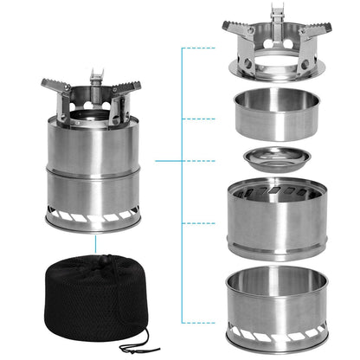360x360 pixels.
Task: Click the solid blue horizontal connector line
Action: (x=169, y=160)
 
